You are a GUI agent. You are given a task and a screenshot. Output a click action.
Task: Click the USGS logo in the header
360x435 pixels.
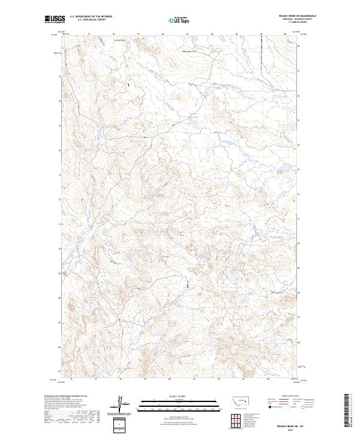55,19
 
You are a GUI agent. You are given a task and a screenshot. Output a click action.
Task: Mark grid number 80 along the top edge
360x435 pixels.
163,34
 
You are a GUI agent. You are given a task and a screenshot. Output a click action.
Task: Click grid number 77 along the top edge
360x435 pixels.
89,34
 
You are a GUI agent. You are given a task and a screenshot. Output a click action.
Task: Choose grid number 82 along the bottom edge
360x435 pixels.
218,379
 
